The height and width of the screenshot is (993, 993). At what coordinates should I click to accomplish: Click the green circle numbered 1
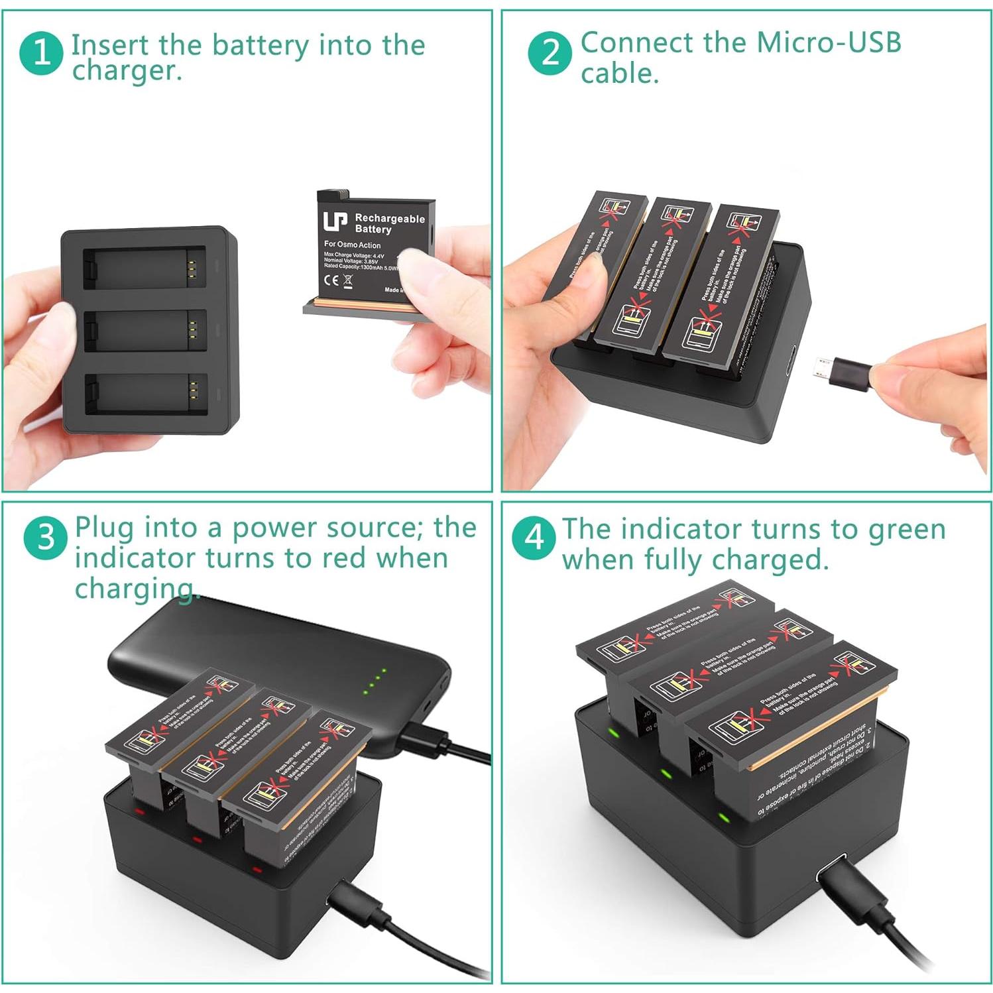tap(41, 52)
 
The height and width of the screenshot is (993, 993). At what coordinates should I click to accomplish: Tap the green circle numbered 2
tap(550, 52)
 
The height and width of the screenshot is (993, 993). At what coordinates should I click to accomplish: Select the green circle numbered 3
tap(45, 537)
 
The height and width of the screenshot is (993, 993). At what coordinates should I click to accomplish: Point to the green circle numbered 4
tap(534, 538)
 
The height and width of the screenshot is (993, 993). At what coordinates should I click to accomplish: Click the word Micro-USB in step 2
tap(829, 42)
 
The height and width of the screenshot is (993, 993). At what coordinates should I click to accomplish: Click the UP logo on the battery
tap(335, 221)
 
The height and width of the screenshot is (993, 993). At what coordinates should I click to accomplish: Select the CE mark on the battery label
tap(331, 279)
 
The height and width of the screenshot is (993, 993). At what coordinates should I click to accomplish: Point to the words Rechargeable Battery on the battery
tap(389, 223)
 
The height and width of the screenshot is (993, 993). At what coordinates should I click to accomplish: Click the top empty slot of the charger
tap(144, 267)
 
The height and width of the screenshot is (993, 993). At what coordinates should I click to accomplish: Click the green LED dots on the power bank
tap(375, 682)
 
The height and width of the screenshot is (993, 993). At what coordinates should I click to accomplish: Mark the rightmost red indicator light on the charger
tap(257, 869)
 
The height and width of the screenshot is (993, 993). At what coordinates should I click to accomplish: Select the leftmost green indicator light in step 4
tap(614, 734)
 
